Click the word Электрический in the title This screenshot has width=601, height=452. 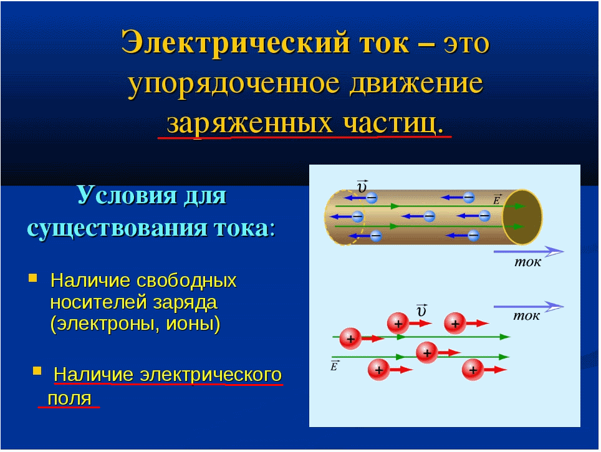coord(235,43)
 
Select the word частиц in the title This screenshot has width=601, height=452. coord(393,124)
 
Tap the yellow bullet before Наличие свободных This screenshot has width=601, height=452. coord(33,277)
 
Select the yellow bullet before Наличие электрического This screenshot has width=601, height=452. coord(37,370)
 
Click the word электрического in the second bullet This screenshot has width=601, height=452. coord(211,374)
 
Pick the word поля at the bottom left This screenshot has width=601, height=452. coord(69,399)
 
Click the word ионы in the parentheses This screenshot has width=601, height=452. coord(191,324)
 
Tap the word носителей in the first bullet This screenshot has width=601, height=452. coord(99,302)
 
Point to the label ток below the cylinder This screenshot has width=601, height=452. coord(528,262)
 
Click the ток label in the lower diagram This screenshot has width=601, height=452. coord(526,315)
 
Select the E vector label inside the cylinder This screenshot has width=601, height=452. coord(497,200)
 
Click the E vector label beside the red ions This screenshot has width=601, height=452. coord(334,366)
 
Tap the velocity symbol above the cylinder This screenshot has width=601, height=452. coord(362,186)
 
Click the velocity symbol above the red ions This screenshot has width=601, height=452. coord(421,310)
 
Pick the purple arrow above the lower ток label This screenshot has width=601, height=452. coord(529,306)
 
